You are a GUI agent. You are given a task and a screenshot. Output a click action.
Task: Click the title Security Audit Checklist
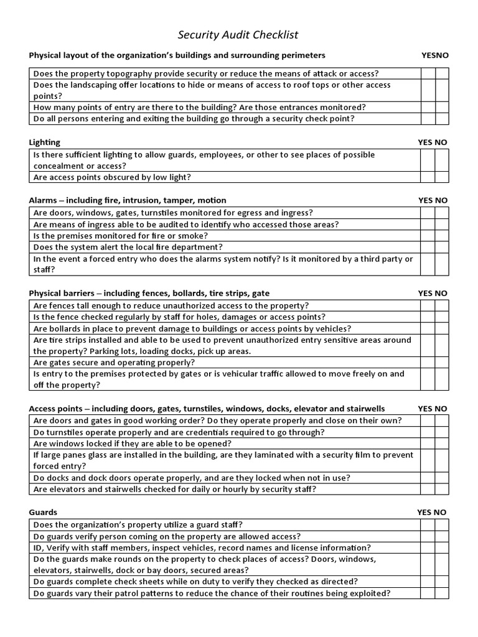click(x=233, y=35)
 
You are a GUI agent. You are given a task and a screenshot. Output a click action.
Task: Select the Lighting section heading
click(x=45, y=142)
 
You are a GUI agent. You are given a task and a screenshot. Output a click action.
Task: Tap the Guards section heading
click(x=43, y=513)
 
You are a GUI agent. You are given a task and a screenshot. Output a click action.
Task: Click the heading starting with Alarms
click(x=128, y=200)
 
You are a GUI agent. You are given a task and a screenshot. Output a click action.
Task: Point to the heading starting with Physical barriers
click(x=149, y=293)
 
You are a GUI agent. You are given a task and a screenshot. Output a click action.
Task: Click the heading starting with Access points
click(x=207, y=409)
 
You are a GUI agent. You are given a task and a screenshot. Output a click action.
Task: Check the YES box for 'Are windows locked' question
click(x=427, y=444)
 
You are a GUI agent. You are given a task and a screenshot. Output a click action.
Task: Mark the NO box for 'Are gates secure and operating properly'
click(x=441, y=363)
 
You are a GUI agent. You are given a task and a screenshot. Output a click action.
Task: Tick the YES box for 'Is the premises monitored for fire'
click(x=427, y=236)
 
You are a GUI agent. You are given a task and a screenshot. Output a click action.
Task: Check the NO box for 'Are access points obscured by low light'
click(x=441, y=177)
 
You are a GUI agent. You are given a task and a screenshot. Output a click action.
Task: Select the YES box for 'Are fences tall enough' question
click(x=427, y=305)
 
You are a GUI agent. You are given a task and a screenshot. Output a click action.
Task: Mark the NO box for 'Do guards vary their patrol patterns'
click(x=441, y=593)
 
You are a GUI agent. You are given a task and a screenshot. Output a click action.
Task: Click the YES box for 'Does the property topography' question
click(x=427, y=73)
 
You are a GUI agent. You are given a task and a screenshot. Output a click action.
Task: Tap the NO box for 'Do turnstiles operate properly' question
click(x=441, y=432)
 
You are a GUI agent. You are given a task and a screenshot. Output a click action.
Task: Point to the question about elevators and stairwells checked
click(x=175, y=490)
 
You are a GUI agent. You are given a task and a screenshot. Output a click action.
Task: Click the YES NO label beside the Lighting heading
click(x=433, y=142)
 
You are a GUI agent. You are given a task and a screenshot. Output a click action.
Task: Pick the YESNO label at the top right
click(x=434, y=55)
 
